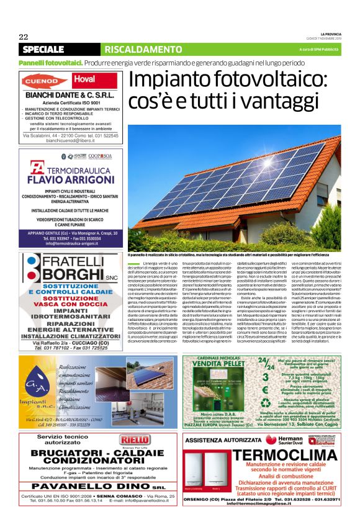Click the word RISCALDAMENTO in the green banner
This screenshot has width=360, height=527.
pos(134,49)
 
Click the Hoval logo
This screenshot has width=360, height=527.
pos(84,79)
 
